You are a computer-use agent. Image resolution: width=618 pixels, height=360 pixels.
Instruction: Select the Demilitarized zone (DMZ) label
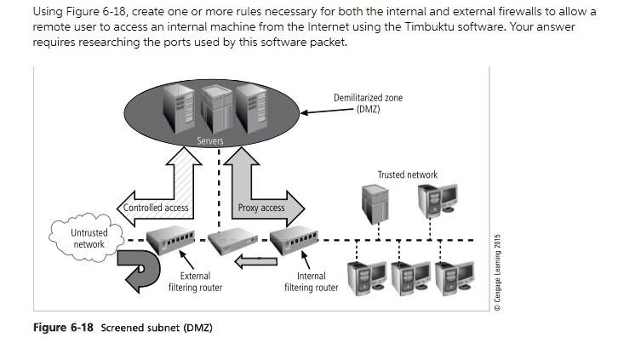(368, 103)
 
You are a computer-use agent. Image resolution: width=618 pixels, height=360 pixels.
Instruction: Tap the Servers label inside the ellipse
(210, 140)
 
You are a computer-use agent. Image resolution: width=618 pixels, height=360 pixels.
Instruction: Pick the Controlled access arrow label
(156, 208)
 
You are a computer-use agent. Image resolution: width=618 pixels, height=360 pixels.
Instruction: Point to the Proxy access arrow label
(260, 208)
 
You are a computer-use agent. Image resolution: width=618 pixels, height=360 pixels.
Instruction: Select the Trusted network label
(407, 174)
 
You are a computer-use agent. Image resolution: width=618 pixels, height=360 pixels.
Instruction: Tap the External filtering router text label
(195, 282)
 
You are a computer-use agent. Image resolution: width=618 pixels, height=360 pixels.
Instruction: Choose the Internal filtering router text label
(311, 282)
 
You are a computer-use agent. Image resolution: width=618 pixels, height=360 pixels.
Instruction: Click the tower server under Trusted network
(375, 204)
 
